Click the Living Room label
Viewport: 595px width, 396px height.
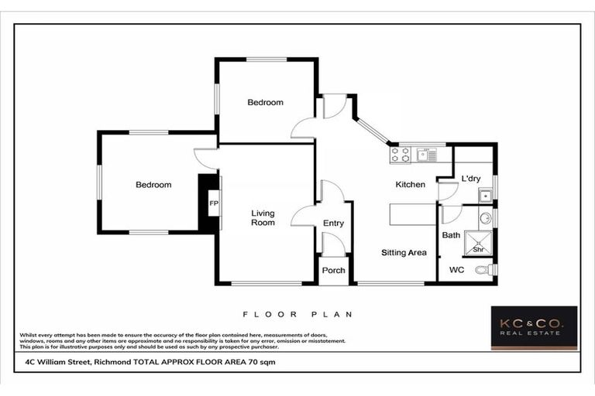click(263, 217)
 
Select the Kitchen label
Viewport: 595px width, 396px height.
click(410, 185)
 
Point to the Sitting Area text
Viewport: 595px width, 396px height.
click(404, 253)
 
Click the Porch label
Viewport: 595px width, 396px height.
click(333, 271)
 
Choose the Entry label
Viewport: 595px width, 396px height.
click(333, 224)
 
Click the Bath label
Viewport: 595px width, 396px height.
click(451, 235)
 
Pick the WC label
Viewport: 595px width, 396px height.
click(456, 270)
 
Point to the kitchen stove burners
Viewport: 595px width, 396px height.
click(400, 155)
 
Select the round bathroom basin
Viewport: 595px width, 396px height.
click(484, 217)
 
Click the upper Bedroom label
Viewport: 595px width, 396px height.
click(265, 102)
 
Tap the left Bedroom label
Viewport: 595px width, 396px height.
click(153, 185)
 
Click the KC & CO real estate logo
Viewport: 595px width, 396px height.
click(534, 327)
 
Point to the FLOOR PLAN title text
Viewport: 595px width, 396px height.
click(297, 315)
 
